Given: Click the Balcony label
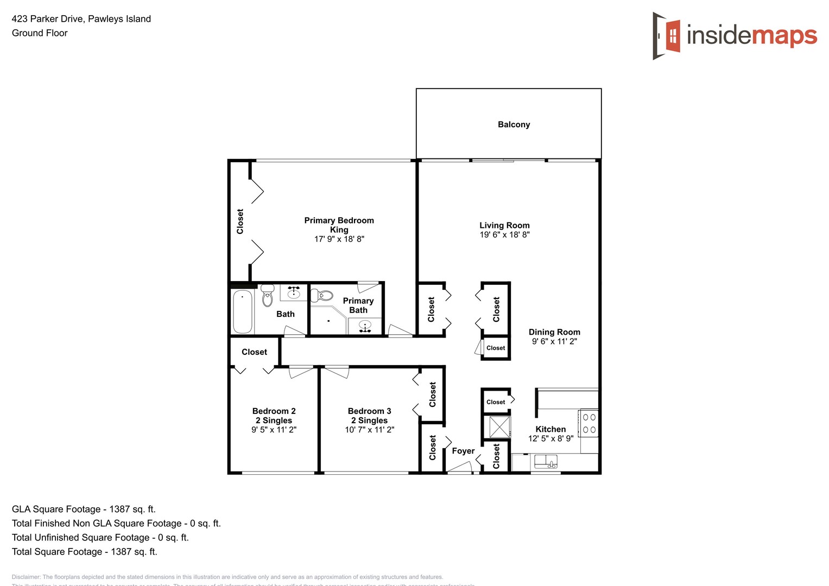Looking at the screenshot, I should (514, 124).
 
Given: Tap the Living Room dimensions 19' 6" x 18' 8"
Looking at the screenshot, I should (504, 235).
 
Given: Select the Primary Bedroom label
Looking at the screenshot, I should (339, 220).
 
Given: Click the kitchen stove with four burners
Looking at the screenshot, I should (589, 424).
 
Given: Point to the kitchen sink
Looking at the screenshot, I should (546, 462).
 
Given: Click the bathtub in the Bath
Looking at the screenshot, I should (242, 311).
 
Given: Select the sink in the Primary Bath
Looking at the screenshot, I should (365, 326).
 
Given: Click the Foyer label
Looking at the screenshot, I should (463, 451).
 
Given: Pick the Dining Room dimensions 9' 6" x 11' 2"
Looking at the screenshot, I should (554, 341).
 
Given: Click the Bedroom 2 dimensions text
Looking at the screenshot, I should (274, 430).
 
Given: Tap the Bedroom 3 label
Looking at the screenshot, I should (369, 411).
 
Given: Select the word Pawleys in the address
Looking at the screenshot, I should (105, 19).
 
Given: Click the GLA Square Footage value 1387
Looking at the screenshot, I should (119, 509).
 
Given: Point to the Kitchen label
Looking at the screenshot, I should (550, 429).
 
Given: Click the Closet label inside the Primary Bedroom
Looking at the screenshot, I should (240, 221).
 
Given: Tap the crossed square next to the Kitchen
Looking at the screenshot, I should (499, 426).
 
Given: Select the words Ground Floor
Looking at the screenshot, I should (40, 33).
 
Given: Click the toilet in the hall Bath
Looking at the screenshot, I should (267, 296).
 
